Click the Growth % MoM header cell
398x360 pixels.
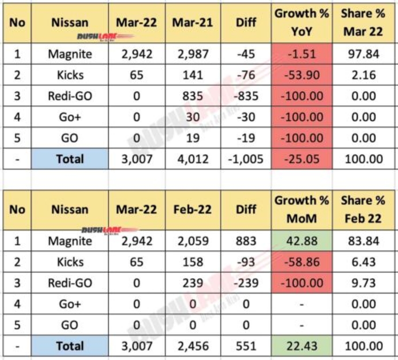coord(302,209)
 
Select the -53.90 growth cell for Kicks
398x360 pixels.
coord(302,75)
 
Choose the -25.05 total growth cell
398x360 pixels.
coord(302,159)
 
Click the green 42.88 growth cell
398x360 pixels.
coord(302,241)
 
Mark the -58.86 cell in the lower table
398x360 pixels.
coord(302,262)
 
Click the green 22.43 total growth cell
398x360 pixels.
coord(302,346)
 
